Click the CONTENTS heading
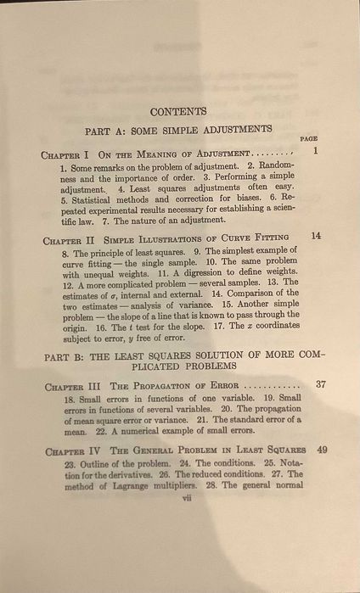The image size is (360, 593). tap(178, 111)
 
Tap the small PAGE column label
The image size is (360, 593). tap(308, 138)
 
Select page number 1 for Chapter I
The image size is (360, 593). tap(314, 152)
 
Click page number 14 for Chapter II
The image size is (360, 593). tap(316, 236)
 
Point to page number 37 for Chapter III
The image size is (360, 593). tap(320, 384)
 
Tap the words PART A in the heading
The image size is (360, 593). tap(105, 129)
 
